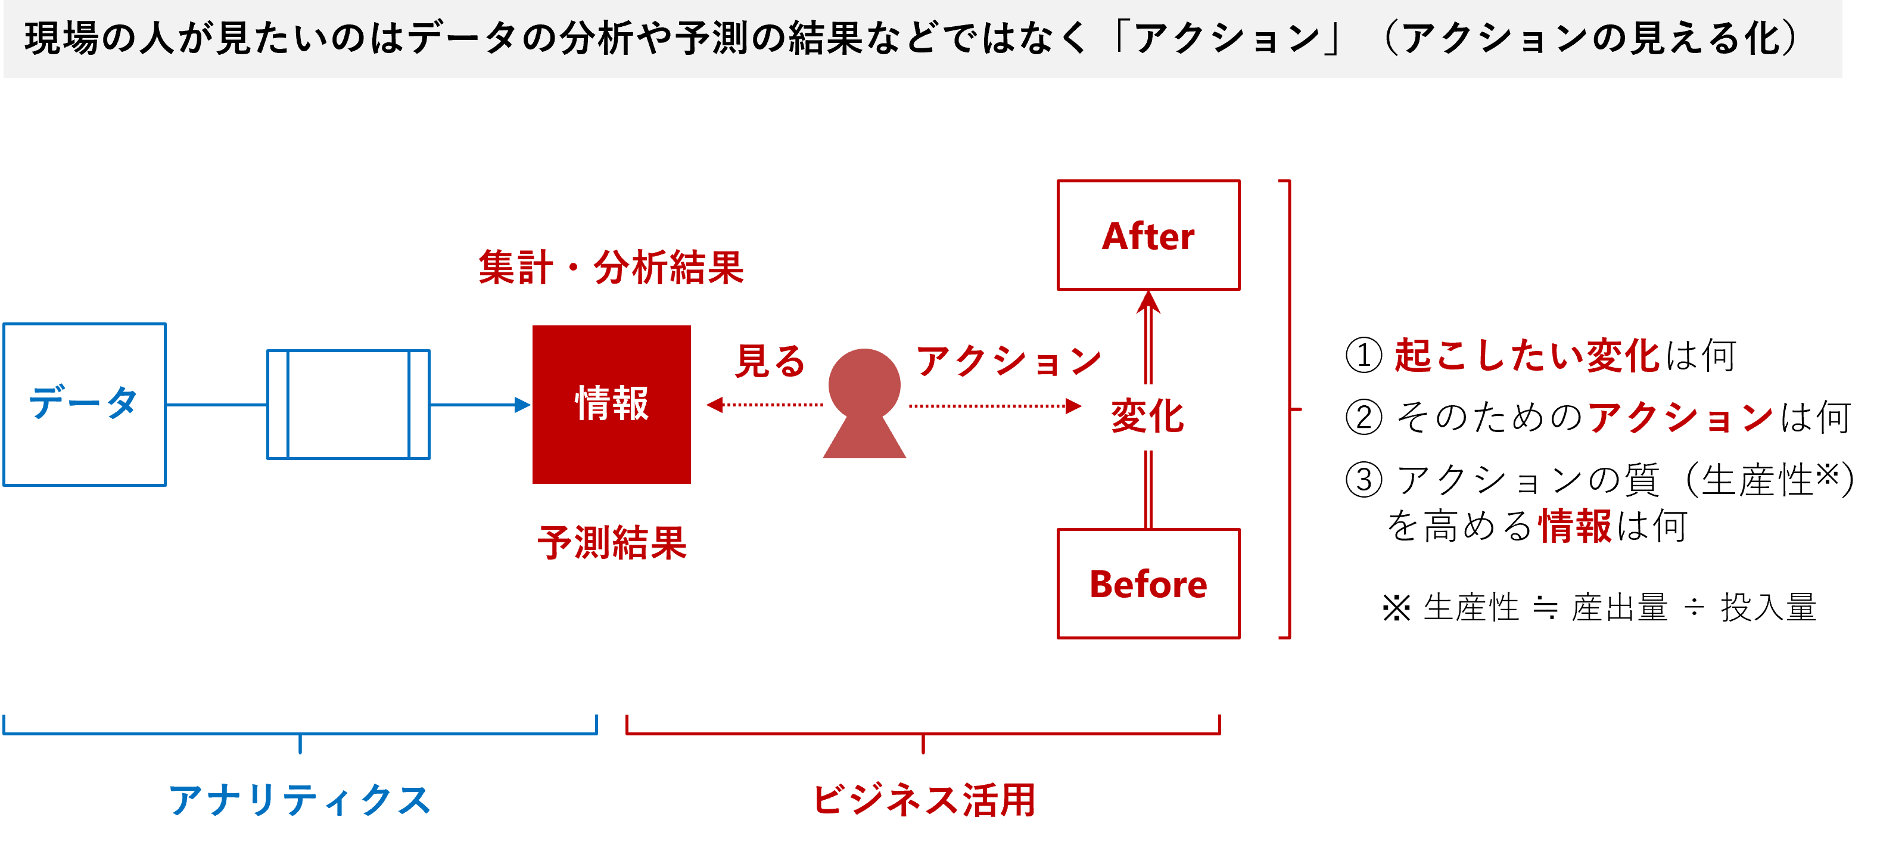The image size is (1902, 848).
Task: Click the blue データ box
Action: [x=84, y=404]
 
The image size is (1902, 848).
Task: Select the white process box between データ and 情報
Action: [x=348, y=404]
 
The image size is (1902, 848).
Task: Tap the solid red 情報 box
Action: [x=611, y=404]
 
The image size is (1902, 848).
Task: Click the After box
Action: [x=1148, y=235]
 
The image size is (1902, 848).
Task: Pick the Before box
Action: [x=1148, y=583]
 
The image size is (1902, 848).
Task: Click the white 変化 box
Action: [x=1147, y=417]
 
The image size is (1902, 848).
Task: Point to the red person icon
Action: [x=864, y=403]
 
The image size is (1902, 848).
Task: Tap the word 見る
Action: [x=770, y=361]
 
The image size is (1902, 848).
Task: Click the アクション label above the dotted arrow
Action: [x=1008, y=361]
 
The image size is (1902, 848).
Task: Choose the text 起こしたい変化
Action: [x=1527, y=355]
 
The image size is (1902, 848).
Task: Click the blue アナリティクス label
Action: [x=300, y=800]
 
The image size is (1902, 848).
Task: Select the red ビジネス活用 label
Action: [x=924, y=800]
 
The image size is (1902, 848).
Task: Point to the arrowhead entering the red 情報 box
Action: [x=523, y=404]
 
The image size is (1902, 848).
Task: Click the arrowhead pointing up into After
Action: [x=1148, y=302]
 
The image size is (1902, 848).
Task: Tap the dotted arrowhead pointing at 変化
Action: [x=1074, y=406]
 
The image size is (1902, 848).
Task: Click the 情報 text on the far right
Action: [x=1575, y=526]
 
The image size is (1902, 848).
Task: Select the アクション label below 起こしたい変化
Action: [x=1680, y=417]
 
